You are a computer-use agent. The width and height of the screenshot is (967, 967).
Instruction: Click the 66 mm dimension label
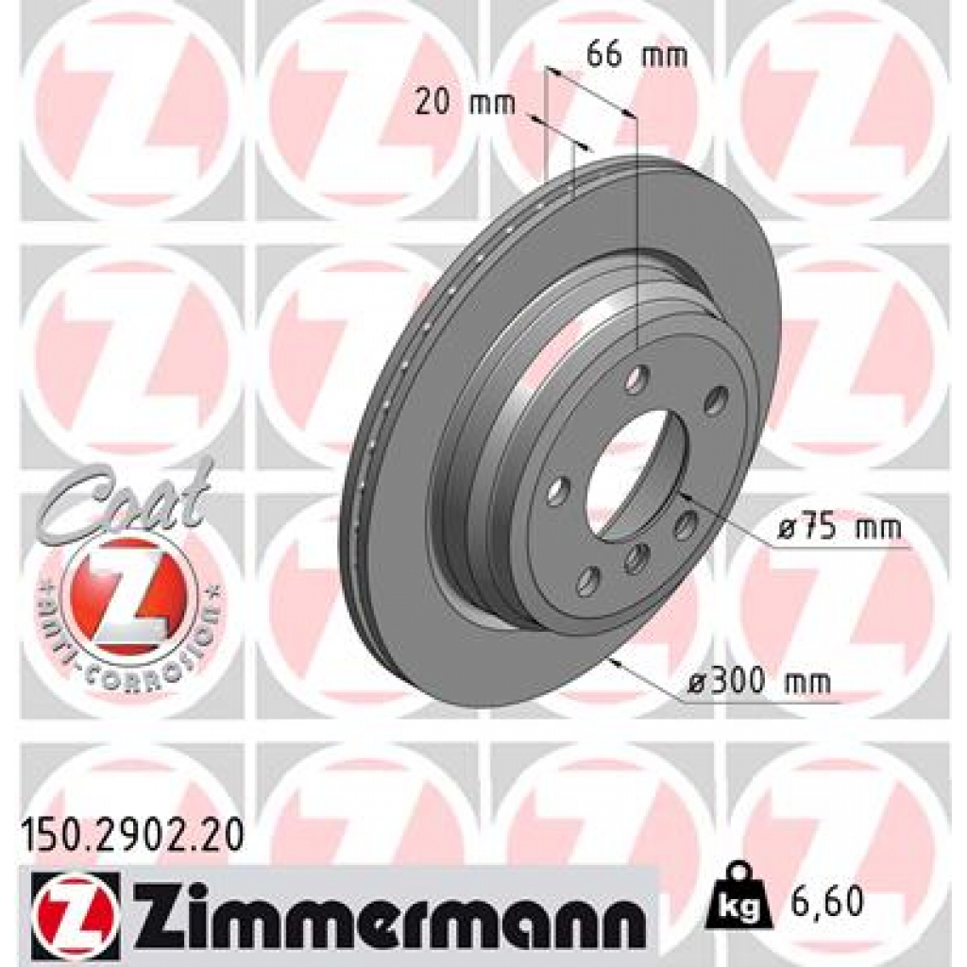pyautogui.click(x=636, y=54)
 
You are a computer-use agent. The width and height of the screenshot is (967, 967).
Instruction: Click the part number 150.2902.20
pyautogui.click(x=132, y=833)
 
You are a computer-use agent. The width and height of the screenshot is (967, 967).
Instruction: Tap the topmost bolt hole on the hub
pyautogui.click(x=638, y=380)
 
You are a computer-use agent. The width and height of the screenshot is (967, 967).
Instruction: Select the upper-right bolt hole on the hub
pyautogui.click(x=717, y=399)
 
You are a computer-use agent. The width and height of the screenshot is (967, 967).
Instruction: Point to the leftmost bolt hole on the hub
pyautogui.click(x=558, y=491)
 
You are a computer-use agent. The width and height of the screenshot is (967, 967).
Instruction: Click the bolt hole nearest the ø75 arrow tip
pyautogui.click(x=686, y=524)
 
